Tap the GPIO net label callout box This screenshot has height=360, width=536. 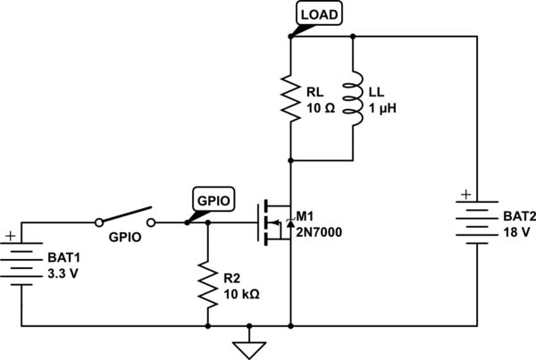214,201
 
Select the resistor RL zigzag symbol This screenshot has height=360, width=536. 291,99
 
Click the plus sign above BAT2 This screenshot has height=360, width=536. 465,193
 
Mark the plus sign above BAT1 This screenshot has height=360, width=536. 11,238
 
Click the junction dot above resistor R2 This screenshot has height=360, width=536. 208,223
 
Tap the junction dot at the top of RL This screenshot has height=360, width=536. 291,37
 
